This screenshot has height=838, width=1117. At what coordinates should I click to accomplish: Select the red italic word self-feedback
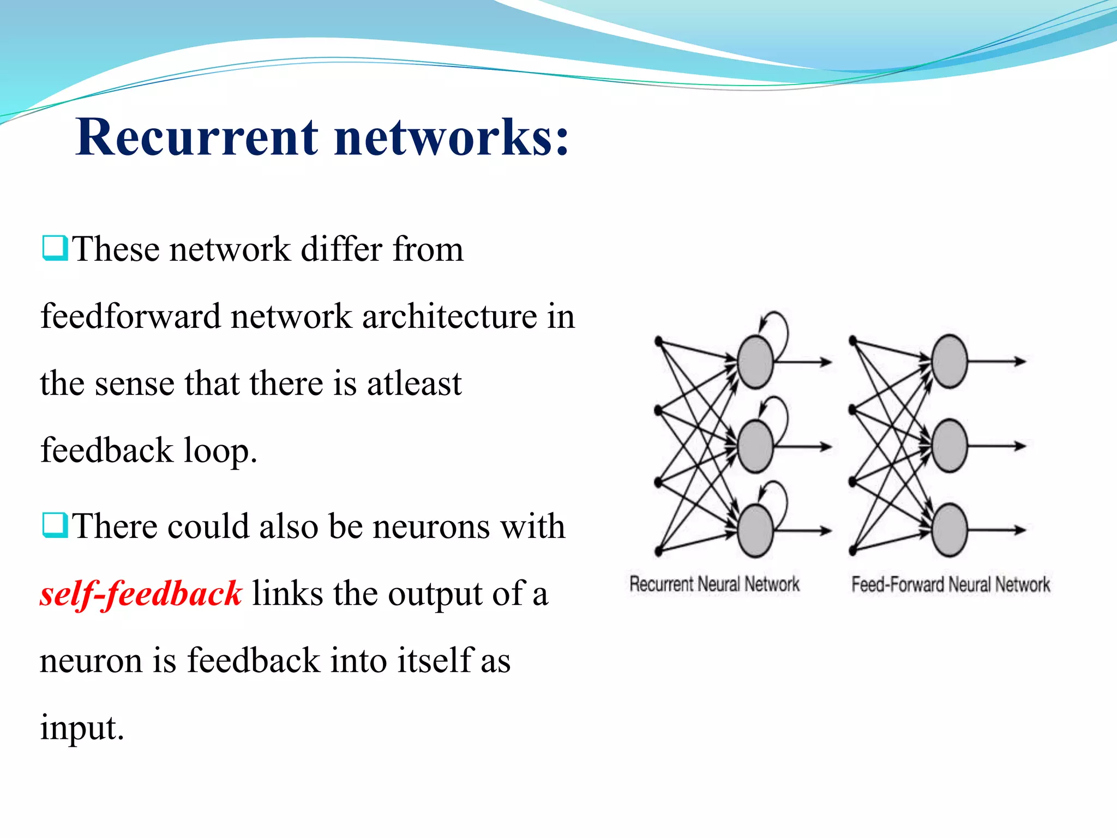pyautogui.click(x=141, y=594)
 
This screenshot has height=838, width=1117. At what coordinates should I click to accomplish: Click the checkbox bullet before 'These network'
pyautogui.click(x=55, y=248)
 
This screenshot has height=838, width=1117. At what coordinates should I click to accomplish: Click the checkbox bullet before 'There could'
pyautogui.click(x=55, y=525)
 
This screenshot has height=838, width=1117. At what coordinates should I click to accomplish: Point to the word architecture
pyautogui.click(x=449, y=316)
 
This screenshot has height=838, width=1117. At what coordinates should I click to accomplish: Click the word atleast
pyautogui.click(x=414, y=384)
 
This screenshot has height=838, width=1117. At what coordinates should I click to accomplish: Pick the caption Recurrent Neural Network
pyautogui.click(x=714, y=584)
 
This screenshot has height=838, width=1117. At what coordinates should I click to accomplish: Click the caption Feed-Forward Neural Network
pyautogui.click(x=950, y=585)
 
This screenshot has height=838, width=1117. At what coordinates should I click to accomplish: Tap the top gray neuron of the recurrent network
pyautogui.click(x=755, y=362)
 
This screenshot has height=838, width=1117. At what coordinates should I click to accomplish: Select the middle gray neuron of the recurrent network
pyautogui.click(x=755, y=446)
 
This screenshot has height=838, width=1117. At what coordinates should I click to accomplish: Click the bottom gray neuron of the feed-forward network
pyautogui.click(x=950, y=530)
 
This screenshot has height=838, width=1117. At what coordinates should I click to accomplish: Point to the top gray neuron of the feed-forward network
pyautogui.click(x=950, y=362)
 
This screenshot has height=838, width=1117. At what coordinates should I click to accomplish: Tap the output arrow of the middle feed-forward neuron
pyautogui.click(x=997, y=446)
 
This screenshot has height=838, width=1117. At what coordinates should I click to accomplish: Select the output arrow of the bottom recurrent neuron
pyautogui.click(x=803, y=530)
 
